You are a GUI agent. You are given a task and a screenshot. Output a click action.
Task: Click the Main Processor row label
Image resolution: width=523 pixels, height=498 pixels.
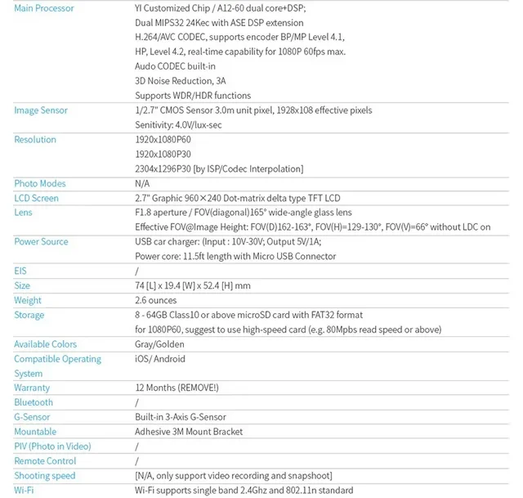pyautogui.click(x=44, y=8)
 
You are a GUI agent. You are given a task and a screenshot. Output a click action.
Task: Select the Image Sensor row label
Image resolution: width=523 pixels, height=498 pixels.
pyautogui.click(x=41, y=110)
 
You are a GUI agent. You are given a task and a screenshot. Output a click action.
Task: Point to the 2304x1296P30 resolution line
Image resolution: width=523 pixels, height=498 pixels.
pyautogui.click(x=219, y=169)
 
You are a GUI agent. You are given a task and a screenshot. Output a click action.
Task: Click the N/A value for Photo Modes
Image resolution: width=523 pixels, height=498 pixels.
pyautogui.click(x=142, y=184)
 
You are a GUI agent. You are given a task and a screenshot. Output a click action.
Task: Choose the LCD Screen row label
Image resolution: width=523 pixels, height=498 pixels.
pyautogui.click(x=36, y=199)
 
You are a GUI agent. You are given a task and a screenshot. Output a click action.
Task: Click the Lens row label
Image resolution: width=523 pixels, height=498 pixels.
pyautogui.click(x=23, y=213)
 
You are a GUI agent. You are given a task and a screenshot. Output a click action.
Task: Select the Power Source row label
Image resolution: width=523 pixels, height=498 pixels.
pyautogui.click(x=41, y=242)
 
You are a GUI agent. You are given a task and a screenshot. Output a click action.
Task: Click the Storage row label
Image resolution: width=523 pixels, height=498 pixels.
pyautogui.click(x=29, y=316)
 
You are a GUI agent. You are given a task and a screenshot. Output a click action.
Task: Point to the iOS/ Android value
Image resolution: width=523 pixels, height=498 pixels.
pyautogui.click(x=160, y=359)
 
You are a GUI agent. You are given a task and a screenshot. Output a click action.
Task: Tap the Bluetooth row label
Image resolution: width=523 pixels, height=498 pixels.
pyautogui.click(x=34, y=402)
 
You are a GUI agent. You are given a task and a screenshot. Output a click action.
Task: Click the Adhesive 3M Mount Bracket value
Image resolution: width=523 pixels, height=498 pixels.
pyautogui.click(x=189, y=432)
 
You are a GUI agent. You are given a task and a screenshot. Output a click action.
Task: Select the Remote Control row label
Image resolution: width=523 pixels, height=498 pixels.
pyautogui.click(x=45, y=461)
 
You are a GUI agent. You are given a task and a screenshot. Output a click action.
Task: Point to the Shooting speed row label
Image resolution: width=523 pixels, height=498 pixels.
pyautogui.click(x=44, y=476)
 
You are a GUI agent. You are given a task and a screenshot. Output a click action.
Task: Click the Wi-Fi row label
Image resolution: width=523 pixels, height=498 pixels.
pyautogui.click(x=25, y=491)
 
